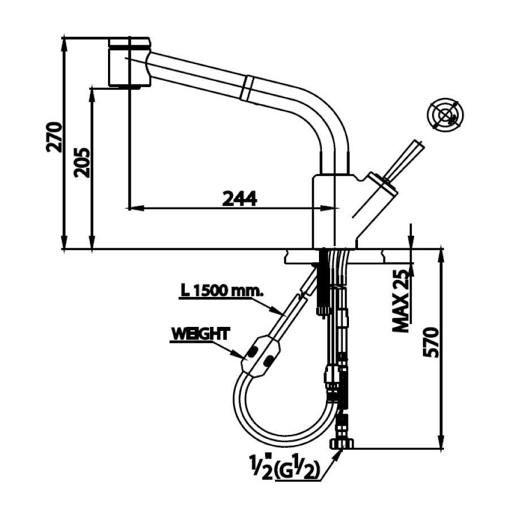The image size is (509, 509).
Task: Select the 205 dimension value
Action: click(82, 162)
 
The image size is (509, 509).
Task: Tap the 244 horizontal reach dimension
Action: click(239, 198)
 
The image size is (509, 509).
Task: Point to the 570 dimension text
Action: click(432, 342)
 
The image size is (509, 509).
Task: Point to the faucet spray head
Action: click(129, 62)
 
